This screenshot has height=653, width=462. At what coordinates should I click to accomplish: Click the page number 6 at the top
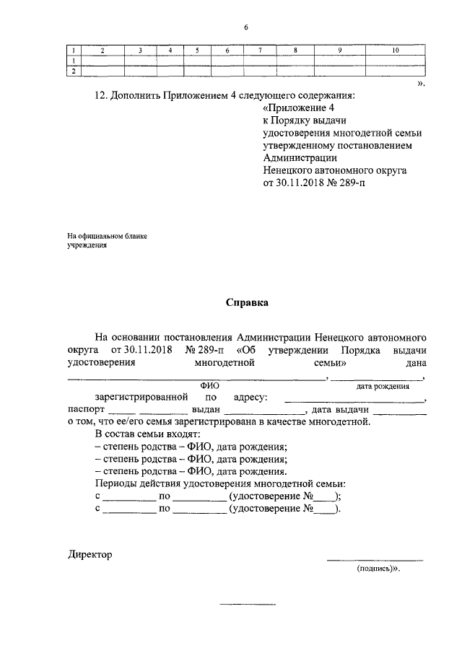pyautogui.click(x=245, y=27)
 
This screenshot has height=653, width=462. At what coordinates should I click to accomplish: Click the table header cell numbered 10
pyautogui.click(x=395, y=51)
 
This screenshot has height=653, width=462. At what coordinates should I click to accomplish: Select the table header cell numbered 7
pyautogui.click(x=260, y=51)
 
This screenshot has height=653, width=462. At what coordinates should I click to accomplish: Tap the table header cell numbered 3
pyautogui.click(x=141, y=51)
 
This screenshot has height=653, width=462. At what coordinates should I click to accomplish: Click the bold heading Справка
pyautogui.click(x=246, y=303)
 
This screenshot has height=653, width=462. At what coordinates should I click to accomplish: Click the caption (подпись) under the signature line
pyautogui.click(x=377, y=569)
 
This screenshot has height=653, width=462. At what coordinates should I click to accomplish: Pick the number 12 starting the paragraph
pyautogui.click(x=100, y=95)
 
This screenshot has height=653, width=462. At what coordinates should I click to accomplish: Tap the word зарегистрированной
pyautogui.click(x=141, y=397)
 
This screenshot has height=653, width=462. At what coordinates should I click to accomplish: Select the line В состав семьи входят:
pyautogui.click(x=141, y=435)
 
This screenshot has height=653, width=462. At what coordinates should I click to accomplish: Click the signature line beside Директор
pyautogui.click(x=375, y=559)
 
